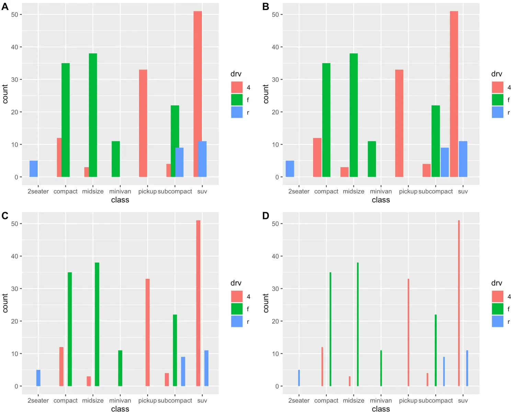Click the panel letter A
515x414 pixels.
pyautogui.click(x=5, y=7)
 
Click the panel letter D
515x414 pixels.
pyautogui.click(x=265, y=216)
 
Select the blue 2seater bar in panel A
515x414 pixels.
pyautogui.click(x=34, y=169)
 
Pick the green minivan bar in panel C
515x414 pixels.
pyautogui.click(x=120, y=368)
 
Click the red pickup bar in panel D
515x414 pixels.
pyautogui.click(x=408, y=332)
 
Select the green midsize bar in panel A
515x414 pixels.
pyautogui.click(x=93, y=115)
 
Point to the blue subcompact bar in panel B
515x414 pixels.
pyautogui.click(x=445, y=162)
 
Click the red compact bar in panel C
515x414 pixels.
pyautogui.click(x=61, y=366)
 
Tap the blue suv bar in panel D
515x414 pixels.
pyautogui.click(x=467, y=368)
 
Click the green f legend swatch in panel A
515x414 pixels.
pyautogui.click(x=237, y=100)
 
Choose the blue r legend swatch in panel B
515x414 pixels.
pyautogui.click(x=497, y=112)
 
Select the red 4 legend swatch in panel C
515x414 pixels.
pyautogui.click(x=237, y=296)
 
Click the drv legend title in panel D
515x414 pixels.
pyautogui.click(x=496, y=283)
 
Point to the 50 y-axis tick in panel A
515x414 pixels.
pyautogui.click(x=14, y=14)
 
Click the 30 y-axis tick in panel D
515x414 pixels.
pyautogui.click(x=275, y=289)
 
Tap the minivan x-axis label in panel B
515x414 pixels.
pyautogui.click(x=381, y=191)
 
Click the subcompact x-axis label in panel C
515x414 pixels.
pyautogui.click(x=175, y=400)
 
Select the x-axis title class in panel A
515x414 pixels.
pyautogui.click(x=120, y=200)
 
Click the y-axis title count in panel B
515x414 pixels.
pyautogui.click(x=266, y=94)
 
